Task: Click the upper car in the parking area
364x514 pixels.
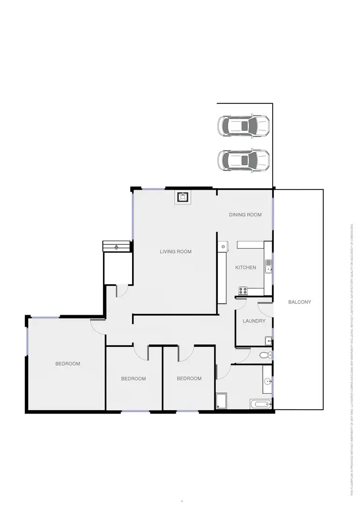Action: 243,127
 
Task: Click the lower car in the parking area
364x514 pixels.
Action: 243,160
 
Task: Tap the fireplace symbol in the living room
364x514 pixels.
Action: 182,197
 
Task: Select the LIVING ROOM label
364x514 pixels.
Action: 176,252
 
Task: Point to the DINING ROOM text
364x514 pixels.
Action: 245,215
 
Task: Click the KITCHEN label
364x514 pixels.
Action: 245,268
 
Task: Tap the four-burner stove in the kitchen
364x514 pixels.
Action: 243,291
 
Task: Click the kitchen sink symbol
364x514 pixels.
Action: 268,267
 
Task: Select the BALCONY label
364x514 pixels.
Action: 299,302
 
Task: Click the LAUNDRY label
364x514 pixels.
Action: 254,321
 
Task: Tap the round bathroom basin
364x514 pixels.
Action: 267,381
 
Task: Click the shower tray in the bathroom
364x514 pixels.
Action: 221,401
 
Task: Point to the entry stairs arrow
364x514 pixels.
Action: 116,246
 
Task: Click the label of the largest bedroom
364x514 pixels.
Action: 67,364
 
